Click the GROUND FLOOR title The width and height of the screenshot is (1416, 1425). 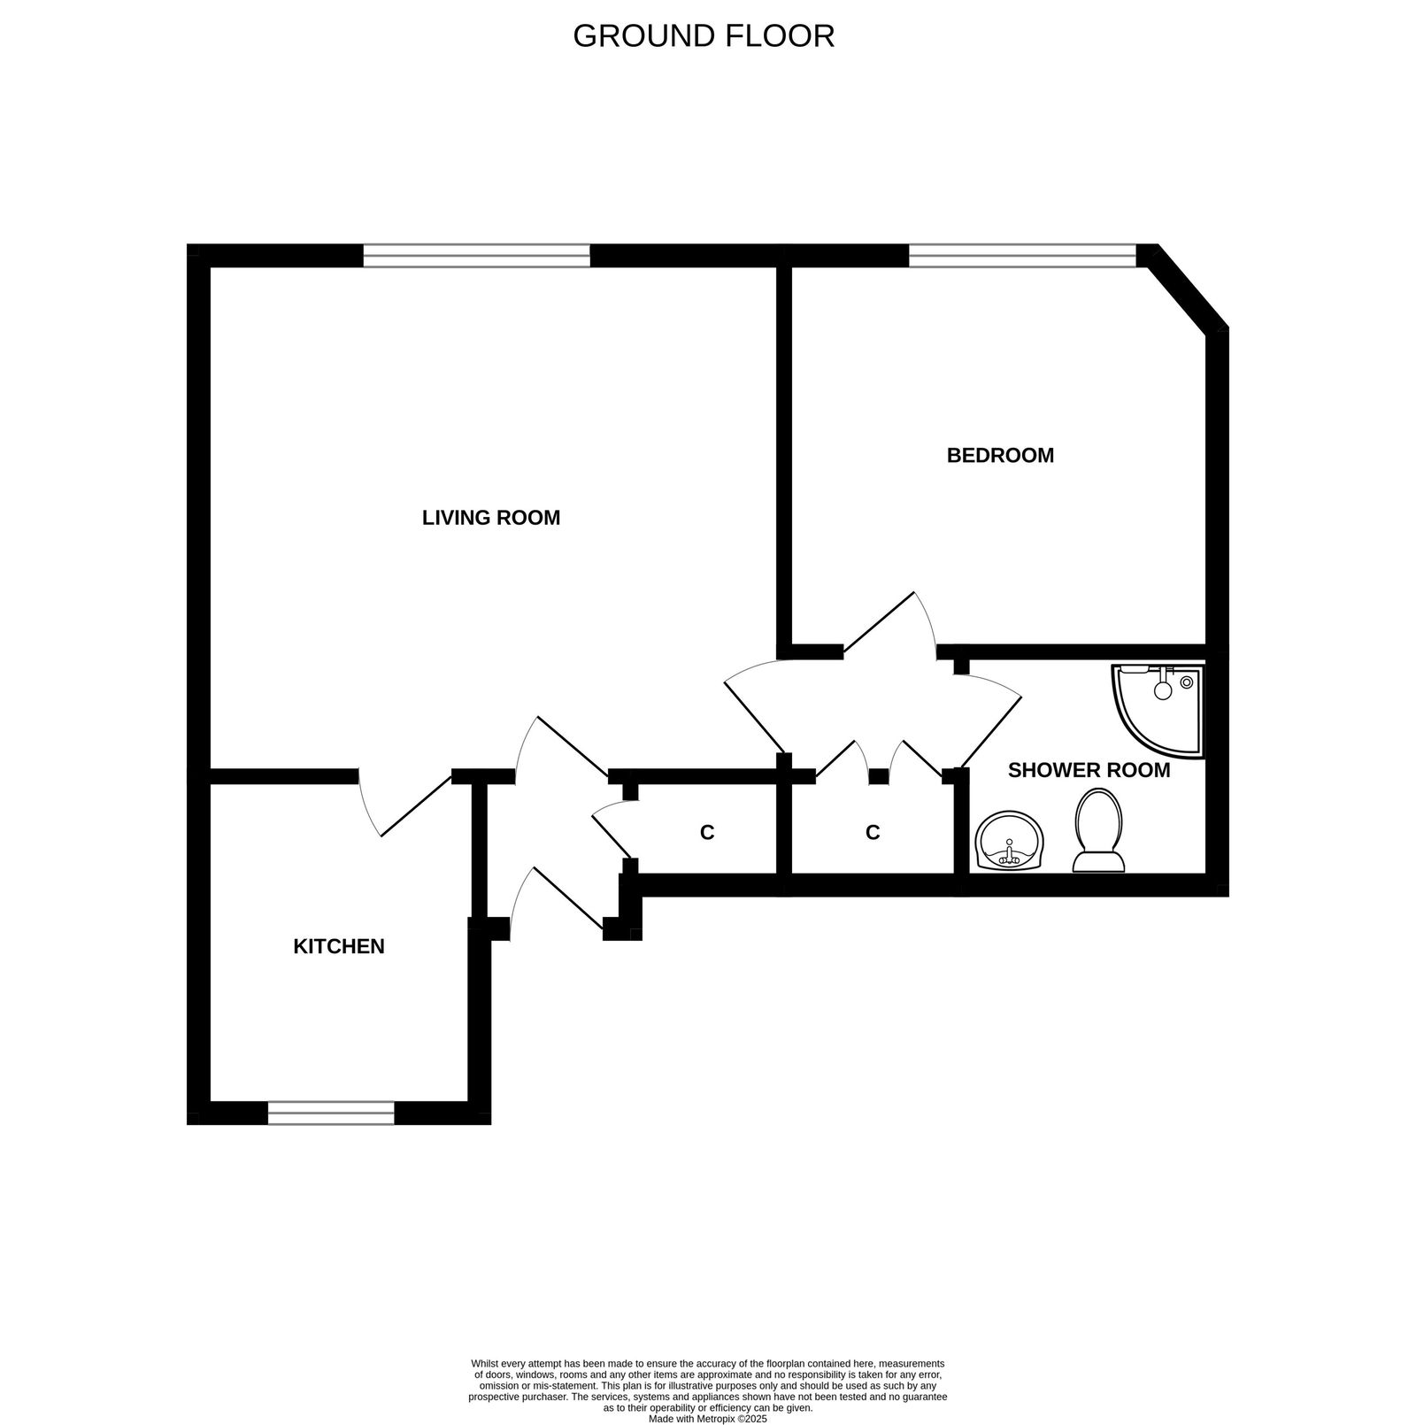tap(704, 36)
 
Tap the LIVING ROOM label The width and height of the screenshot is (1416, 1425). tap(491, 518)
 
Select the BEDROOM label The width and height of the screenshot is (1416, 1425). tap(1000, 456)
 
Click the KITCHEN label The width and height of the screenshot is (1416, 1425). tap(339, 947)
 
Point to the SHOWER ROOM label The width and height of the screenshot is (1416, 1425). tap(1089, 771)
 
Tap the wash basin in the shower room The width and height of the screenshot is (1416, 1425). tap(1010, 841)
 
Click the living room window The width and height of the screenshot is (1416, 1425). tap(476, 256)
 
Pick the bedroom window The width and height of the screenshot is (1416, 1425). tap(1022, 256)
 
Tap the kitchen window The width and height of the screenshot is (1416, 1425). tap(331, 1113)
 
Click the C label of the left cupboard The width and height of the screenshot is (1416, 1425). tap(707, 833)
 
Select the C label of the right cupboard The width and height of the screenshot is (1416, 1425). tap(873, 833)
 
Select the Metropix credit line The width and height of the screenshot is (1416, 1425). tap(707, 1418)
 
